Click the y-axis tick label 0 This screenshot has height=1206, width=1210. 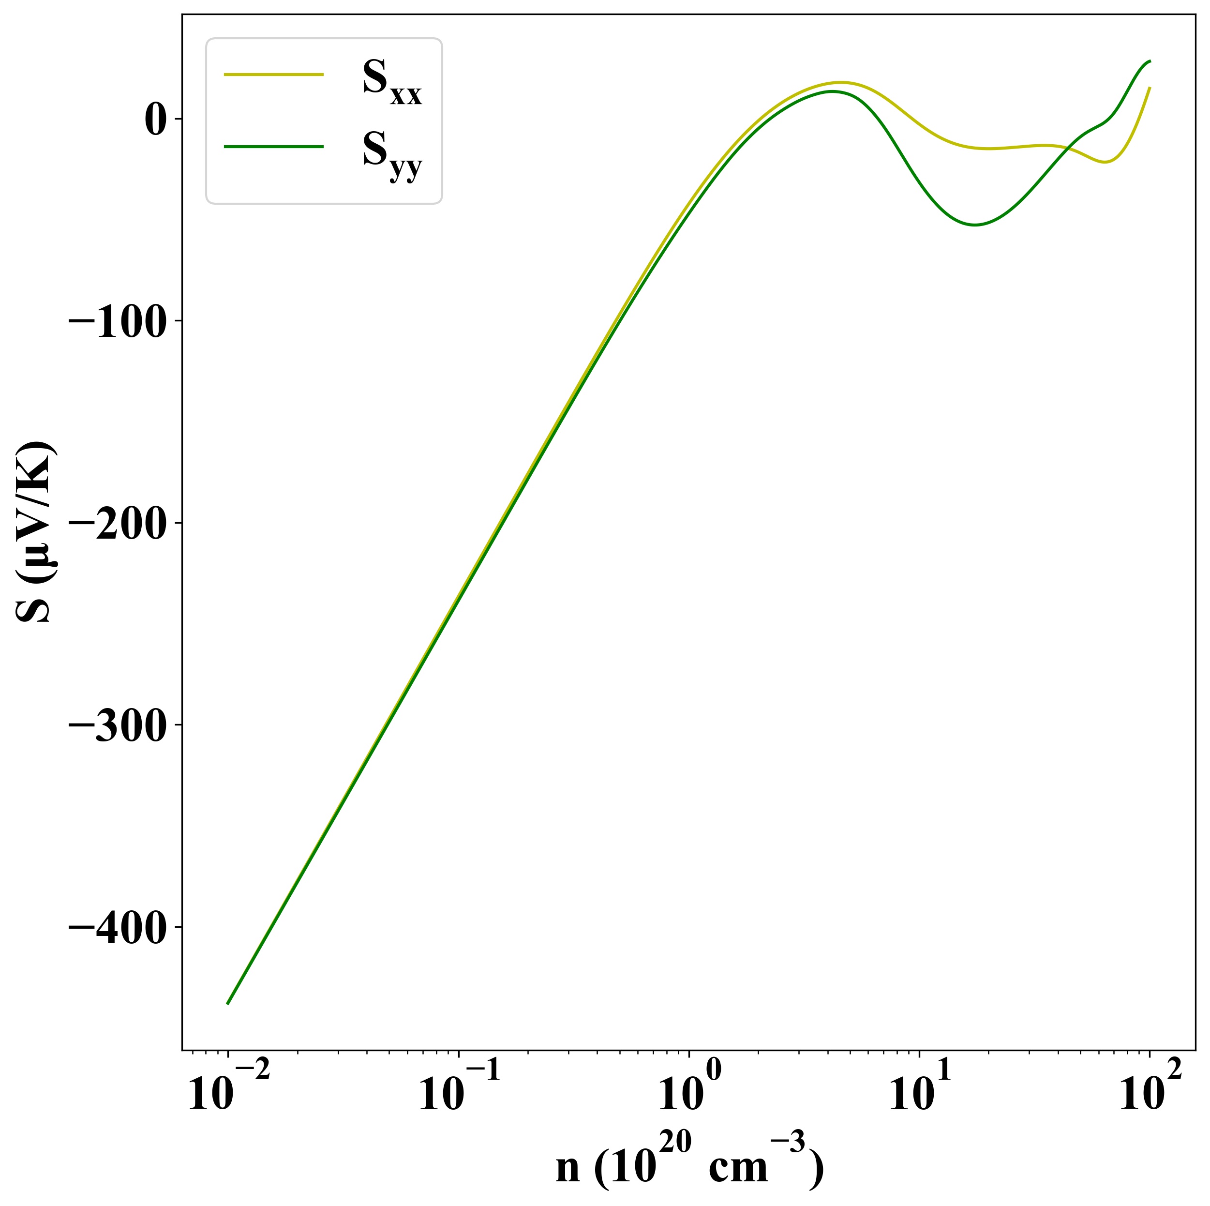155,120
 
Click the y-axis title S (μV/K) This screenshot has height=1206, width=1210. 36,532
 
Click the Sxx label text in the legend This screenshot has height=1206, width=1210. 392,81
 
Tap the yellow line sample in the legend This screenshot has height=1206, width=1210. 274,75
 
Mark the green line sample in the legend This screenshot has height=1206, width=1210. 274,147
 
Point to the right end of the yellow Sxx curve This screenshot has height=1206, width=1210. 1150,88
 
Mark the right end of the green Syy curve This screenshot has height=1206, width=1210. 1150,61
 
